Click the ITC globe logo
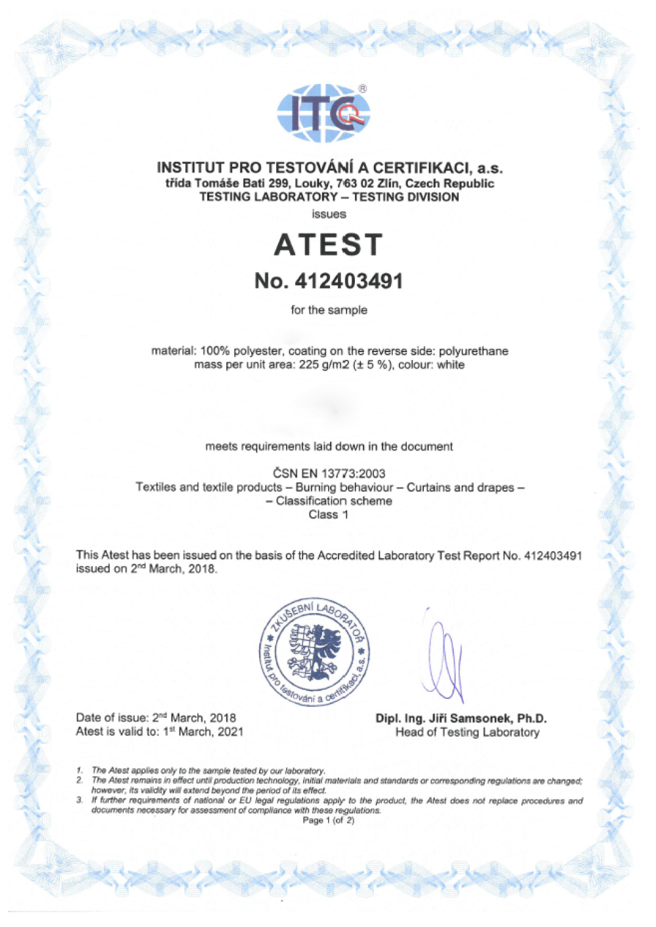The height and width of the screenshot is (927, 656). tap(323, 113)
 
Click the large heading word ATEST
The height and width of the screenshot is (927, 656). tap(328, 245)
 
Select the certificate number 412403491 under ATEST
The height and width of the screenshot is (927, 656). tap(348, 281)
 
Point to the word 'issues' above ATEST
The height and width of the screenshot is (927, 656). tap(329, 214)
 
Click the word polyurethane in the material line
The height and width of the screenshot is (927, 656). tap(473, 351)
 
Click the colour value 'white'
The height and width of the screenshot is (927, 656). tap(451, 365)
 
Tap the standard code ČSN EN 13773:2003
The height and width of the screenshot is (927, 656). tap(329, 473)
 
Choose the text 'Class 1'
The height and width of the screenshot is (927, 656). tap(329, 515)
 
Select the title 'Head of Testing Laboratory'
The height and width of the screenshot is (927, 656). tap(467, 732)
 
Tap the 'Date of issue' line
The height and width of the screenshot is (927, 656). tap(156, 718)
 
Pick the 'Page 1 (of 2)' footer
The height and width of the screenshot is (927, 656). tap(328, 820)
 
